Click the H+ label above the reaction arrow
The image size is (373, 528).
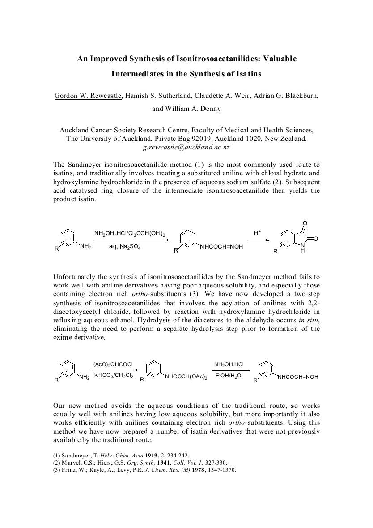tap(257, 233)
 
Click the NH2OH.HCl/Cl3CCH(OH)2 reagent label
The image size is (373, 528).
tap(130, 233)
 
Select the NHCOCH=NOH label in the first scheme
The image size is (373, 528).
tap(221, 247)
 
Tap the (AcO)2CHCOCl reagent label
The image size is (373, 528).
tap(113, 364)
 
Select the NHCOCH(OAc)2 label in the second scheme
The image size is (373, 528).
tap(186, 377)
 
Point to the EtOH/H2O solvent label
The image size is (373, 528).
tap(228, 376)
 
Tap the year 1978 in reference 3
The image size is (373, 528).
tap(200, 470)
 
